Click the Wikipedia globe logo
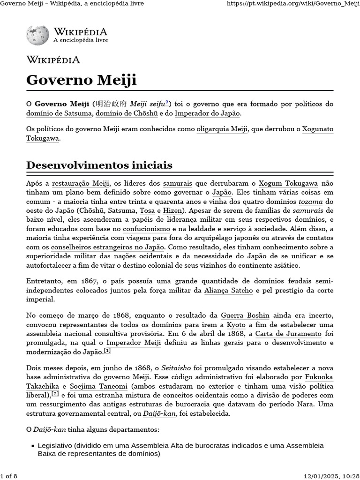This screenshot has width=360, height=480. coord(37,35)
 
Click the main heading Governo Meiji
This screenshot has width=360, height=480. coord(81,80)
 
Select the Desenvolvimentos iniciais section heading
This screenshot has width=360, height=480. coord(99,165)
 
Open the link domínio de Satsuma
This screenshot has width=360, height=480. coord(60,113)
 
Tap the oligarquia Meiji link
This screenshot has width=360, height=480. coord(222,129)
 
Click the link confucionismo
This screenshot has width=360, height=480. coord(146,229)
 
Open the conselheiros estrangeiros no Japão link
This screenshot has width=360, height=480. coord(108,247)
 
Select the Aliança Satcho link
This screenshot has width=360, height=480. coord(229,290)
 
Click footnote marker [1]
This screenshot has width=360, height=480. coord(107,351)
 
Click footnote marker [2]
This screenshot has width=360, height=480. coord(55,394)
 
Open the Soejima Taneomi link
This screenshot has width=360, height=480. coord(98,387)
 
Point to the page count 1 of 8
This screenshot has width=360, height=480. coord(9,476)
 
